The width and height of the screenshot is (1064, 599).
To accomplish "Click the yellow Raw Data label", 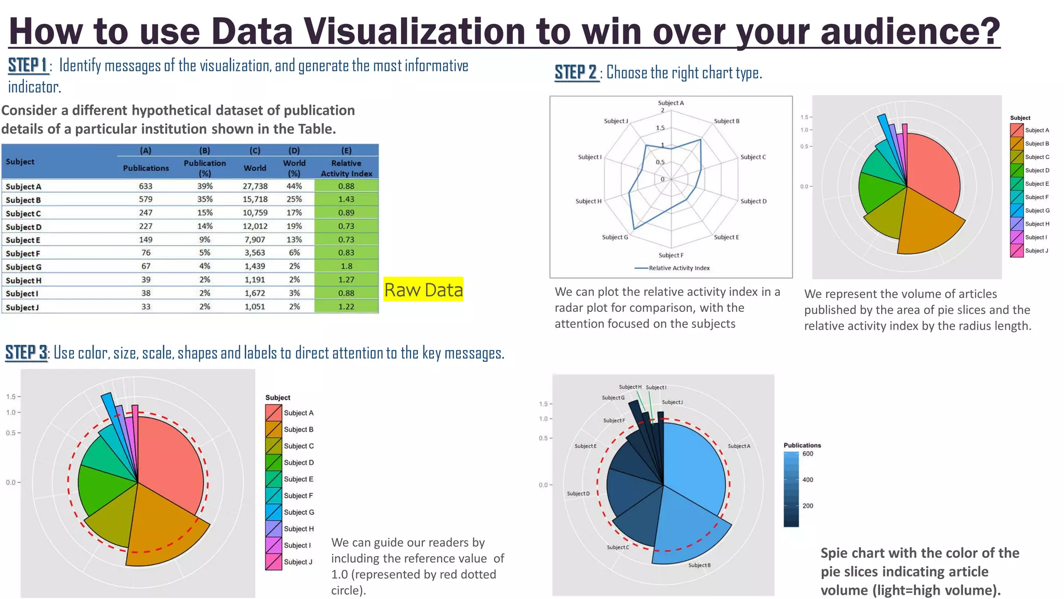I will click(423, 290).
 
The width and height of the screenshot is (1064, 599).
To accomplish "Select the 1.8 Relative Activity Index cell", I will click(347, 266).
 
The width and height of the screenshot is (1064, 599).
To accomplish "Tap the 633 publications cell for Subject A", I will click(145, 186).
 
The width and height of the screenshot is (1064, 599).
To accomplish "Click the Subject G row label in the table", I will click(23, 267).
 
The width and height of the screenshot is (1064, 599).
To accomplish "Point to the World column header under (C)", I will click(255, 168).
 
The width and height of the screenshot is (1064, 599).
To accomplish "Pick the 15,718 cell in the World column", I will click(255, 199).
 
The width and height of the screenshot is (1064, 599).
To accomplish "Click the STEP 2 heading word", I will click(576, 72).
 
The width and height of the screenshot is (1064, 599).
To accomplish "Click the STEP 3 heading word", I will click(26, 353).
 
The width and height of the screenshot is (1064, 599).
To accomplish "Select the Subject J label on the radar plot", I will click(616, 121).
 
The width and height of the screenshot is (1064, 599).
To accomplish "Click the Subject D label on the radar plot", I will click(753, 201).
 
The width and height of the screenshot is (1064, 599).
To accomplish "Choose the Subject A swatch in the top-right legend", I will click(1017, 130).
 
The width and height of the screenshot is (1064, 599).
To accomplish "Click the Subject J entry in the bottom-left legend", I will click(298, 562).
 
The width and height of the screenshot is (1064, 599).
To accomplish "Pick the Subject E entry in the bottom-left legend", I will click(298, 479).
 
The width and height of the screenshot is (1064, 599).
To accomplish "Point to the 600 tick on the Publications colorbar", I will click(807, 453).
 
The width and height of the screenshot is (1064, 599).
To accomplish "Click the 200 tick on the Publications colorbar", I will click(807, 505).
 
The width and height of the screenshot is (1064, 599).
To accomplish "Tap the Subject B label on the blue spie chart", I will click(699, 565).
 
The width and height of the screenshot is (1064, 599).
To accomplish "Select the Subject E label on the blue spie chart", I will click(585, 446).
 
